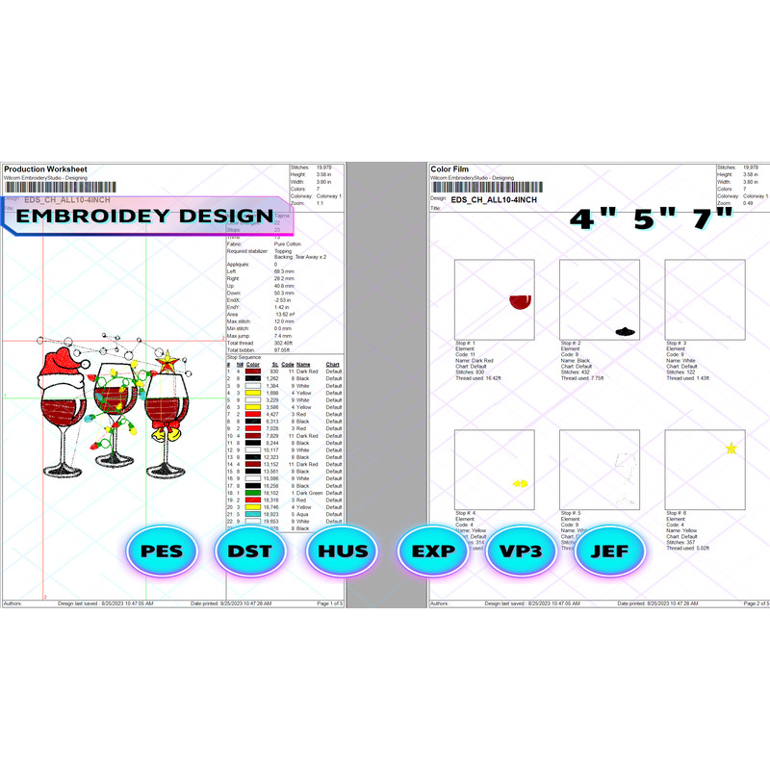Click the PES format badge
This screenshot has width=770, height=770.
click(162, 552)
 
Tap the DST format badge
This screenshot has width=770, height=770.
click(250, 552)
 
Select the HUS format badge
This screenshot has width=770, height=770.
click(341, 552)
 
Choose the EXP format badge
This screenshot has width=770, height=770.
click(432, 552)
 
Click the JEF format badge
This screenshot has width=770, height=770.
click(610, 552)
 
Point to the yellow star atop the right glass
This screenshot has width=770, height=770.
click(167, 362)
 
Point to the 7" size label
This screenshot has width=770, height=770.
click(708, 219)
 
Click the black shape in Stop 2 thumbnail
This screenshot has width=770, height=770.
click(624, 331)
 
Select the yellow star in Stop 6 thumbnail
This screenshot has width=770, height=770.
click(731, 448)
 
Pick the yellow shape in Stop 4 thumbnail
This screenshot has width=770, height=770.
click(521, 483)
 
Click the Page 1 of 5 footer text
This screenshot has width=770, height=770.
click(323, 603)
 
